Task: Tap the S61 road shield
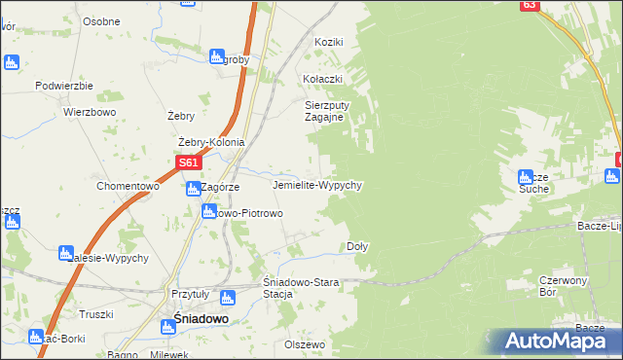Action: click(x=189, y=163)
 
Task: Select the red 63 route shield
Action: click(x=529, y=5)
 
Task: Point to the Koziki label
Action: click(x=329, y=43)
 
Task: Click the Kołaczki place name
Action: click(x=323, y=78)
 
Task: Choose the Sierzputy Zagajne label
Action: click(x=325, y=110)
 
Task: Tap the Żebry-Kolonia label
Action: click(x=211, y=142)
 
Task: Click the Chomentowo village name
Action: click(x=128, y=186)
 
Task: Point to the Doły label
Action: click(x=357, y=247)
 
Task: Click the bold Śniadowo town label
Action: click(x=202, y=317)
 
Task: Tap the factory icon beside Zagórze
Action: click(x=194, y=188)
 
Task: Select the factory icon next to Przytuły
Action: click(x=228, y=298)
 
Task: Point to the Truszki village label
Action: click(x=96, y=313)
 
